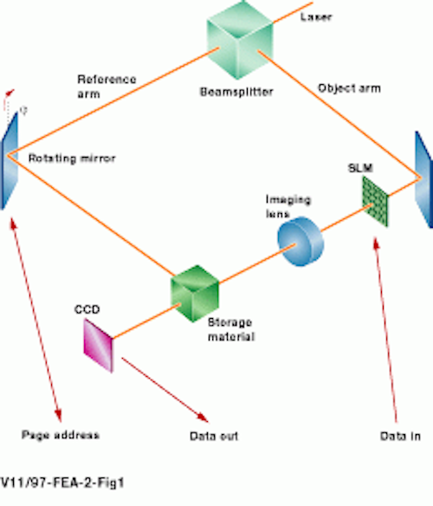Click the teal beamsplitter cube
[240, 40]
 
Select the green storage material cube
[195, 294]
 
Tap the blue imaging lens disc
[301, 242]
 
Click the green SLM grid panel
[375, 201]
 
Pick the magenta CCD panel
[99, 346]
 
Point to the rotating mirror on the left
[10, 160]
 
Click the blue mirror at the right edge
[424, 179]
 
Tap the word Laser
[316, 16]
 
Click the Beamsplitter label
[236, 92]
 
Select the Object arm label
[350, 88]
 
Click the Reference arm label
[107, 87]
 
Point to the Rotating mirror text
[72, 159]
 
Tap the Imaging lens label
[288, 206]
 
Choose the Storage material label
[231, 329]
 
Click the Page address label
[61, 435]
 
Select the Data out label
[214, 437]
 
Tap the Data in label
[400, 437]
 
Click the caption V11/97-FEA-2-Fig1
[62, 483]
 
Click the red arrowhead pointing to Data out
[203, 417]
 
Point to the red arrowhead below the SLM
[376, 243]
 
